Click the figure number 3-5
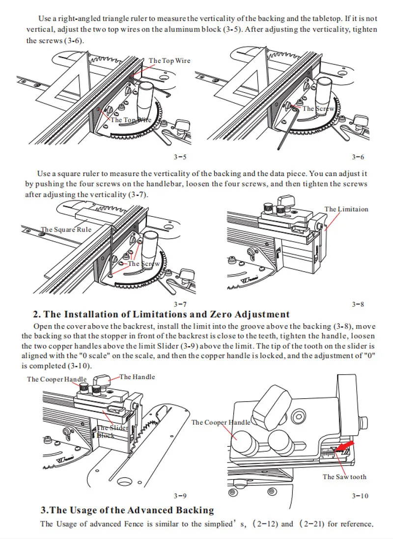[x=180, y=157]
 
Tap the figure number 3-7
[x=180, y=305]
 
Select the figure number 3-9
[x=180, y=496]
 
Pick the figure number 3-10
[x=360, y=496]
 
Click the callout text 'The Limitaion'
[x=346, y=209]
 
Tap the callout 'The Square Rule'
[x=66, y=230]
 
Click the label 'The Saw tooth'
[x=344, y=477]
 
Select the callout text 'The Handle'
[x=137, y=377]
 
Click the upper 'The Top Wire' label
[x=169, y=61]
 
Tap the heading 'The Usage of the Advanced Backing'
[x=127, y=511]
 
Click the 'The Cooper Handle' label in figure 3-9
[x=57, y=379]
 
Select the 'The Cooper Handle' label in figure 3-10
[x=221, y=422]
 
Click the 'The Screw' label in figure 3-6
[x=318, y=109]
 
